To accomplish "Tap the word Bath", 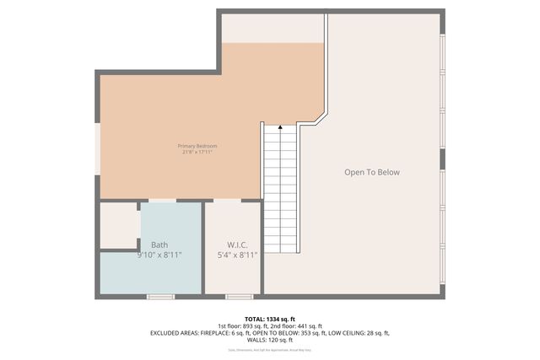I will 159,245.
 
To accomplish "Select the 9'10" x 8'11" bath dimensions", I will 160,255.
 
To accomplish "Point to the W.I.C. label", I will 237,245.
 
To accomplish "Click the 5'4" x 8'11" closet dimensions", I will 237,255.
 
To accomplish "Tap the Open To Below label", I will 371,173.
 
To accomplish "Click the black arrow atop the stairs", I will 280,127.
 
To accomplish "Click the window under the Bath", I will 160,296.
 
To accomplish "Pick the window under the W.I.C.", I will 239,296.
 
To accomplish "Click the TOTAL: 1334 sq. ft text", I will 270,319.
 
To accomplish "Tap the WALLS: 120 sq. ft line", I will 270,341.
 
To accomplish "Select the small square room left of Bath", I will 119,226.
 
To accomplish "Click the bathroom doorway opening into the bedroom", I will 162,201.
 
